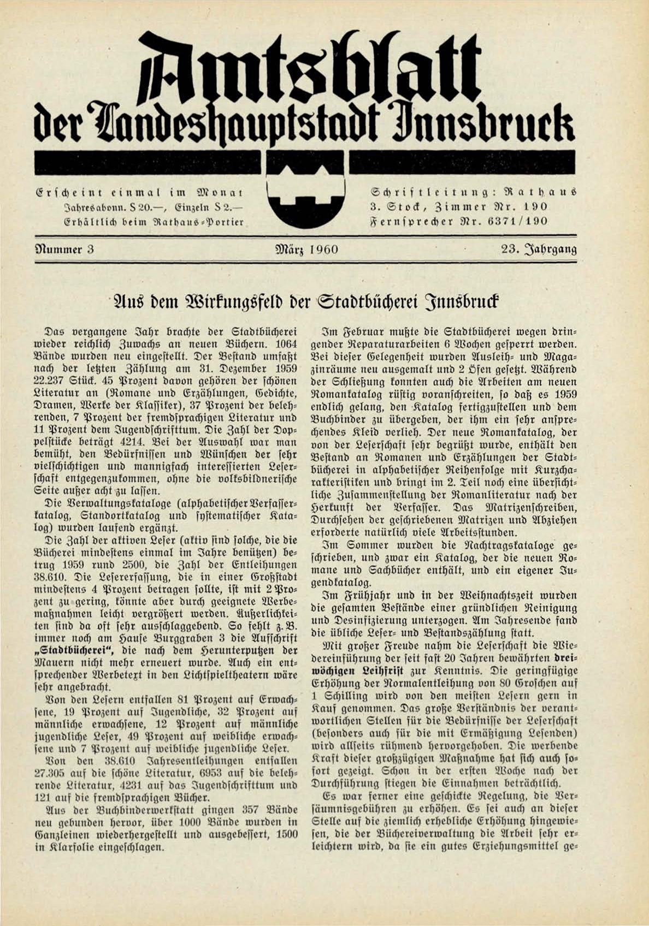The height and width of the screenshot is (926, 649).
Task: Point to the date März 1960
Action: click(x=308, y=250)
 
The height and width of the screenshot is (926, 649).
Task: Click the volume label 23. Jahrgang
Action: click(x=539, y=250)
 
